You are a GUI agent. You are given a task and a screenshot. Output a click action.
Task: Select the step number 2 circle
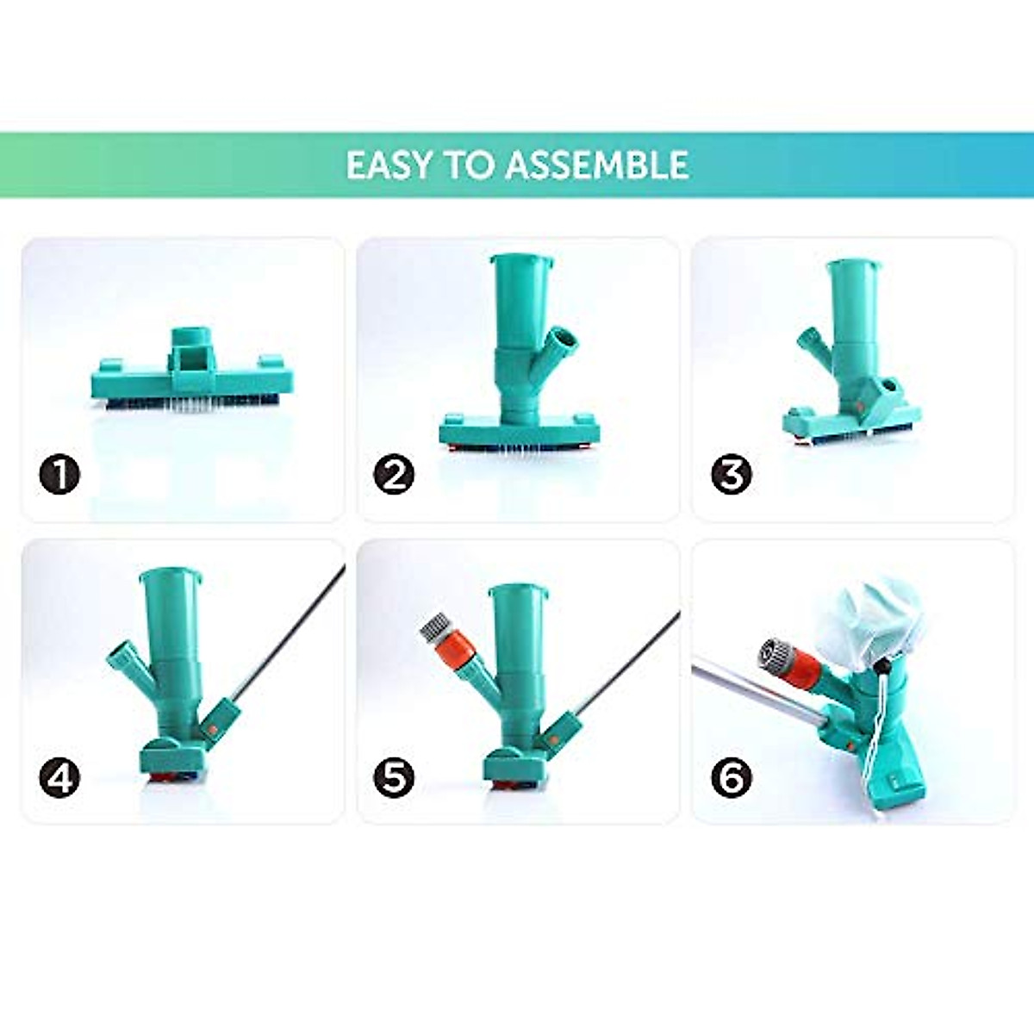(394, 475)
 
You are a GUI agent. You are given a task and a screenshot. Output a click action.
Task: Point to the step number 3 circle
(731, 475)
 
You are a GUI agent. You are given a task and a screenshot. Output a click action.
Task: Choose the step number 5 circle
(394, 778)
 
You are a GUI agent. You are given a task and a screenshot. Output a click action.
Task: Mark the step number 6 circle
(731, 778)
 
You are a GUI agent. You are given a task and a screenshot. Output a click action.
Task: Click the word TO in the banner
(469, 165)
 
